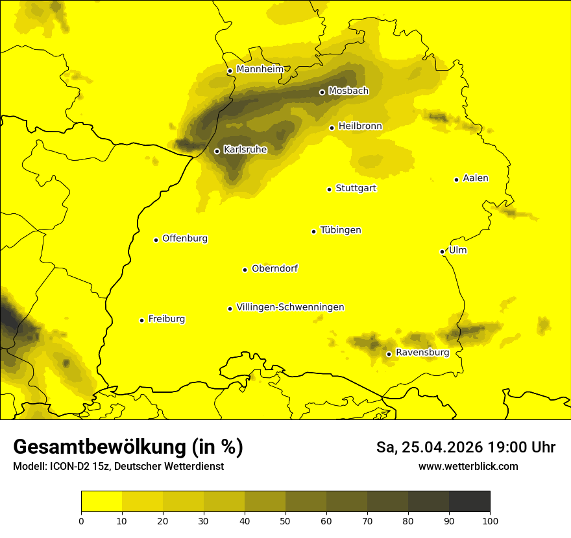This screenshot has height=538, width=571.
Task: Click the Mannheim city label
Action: click(260, 69)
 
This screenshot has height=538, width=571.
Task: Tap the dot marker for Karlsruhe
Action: click(217, 151)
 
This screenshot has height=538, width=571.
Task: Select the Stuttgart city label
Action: click(356, 188)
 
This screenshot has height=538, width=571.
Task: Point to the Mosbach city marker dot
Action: click(322, 92)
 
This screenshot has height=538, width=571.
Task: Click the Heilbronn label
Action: click(360, 126)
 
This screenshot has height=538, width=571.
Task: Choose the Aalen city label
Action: click(476, 178)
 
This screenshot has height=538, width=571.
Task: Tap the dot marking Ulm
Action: click(443, 251)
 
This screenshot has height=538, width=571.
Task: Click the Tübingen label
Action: click(341, 230)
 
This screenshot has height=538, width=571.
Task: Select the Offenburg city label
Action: click(185, 239)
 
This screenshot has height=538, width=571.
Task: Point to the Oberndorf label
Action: click(275, 268)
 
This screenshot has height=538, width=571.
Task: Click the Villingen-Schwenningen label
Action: click(290, 307)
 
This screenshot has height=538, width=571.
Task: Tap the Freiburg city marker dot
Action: click(142, 320)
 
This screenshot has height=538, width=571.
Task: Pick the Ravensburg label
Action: click(422, 353)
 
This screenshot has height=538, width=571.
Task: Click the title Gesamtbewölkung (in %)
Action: click(128, 447)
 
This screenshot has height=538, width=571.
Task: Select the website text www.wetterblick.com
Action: click(468, 467)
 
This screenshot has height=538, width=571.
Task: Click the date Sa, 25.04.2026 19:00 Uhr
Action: click(465, 447)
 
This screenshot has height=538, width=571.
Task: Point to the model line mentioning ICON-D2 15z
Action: click(118, 467)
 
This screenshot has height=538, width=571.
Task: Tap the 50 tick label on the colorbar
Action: click(285, 520)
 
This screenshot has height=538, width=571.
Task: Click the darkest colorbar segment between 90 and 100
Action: click(469, 501)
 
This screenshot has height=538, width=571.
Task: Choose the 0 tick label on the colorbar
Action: click(81, 520)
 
